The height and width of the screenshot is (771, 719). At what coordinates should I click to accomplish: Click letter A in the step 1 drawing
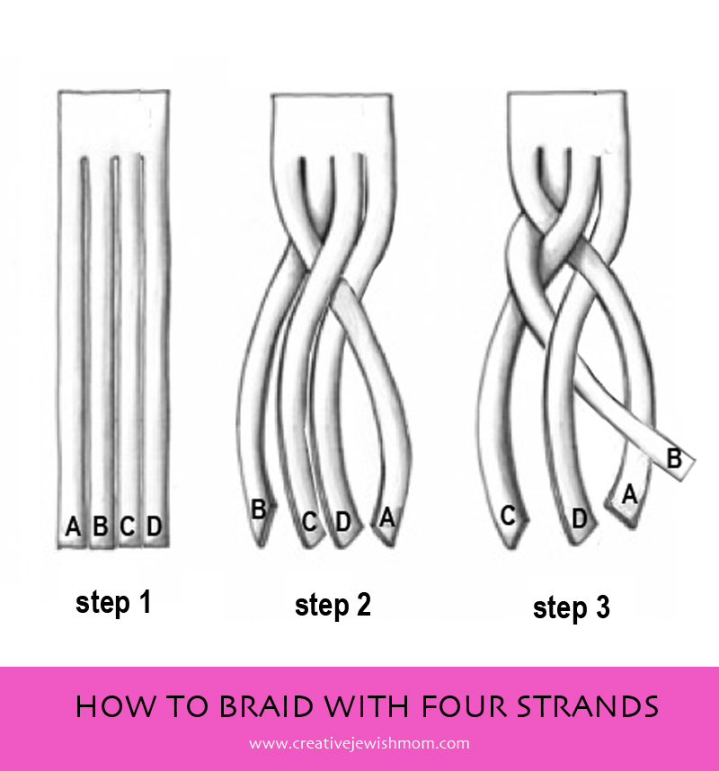[x=74, y=527]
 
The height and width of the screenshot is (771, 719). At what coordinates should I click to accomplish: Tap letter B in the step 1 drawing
[x=101, y=526]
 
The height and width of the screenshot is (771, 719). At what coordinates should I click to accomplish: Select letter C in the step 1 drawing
[x=128, y=526]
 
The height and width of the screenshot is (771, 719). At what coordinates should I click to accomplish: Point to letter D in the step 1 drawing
[x=155, y=526]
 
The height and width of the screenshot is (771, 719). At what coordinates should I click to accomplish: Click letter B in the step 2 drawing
[x=259, y=510]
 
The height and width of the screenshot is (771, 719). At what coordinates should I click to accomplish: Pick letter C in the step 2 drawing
[x=309, y=522]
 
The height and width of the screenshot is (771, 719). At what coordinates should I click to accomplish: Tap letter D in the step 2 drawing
[x=342, y=522]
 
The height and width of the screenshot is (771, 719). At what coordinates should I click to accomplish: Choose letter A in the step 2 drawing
[x=387, y=518]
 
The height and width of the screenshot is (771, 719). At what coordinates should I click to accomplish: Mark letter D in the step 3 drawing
[x=580, y=518]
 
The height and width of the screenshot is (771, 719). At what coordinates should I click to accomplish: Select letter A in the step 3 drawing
[x=630, y=494]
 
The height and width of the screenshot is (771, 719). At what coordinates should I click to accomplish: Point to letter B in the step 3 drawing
[x=674, y=459]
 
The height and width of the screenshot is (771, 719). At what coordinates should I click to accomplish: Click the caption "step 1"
[x=113, y=603]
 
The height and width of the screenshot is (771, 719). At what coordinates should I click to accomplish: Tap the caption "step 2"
[x=333, y=606]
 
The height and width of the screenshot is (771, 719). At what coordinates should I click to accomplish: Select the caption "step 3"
[x=572, y=607]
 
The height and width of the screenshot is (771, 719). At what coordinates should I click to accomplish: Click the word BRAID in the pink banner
[x=266, y=706]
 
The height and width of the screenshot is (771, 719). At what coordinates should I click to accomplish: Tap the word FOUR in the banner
[x=464, y=706]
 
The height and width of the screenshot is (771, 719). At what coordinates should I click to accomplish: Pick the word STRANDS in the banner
[x=588, y=706]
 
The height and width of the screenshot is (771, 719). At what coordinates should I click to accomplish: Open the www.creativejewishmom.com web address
[x=359, y=743]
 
